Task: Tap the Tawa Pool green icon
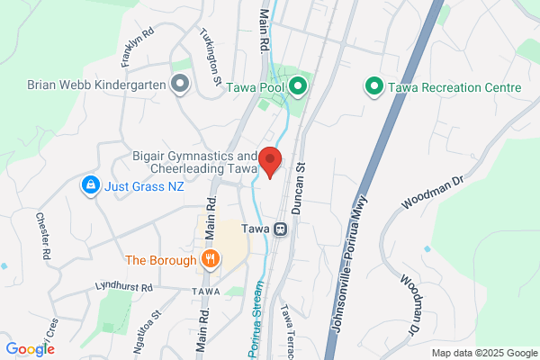[x=298, y=87]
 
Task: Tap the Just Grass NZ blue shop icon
[x=90, y=186]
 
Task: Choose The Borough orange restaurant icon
[x=210, y=260]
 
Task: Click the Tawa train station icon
[x=281, y=229]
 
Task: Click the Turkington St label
[x=211, y=55]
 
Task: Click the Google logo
[x=30, y=348]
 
